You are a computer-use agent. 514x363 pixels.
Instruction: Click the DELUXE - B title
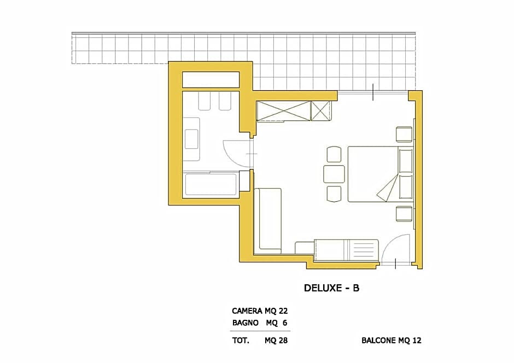(331, 288)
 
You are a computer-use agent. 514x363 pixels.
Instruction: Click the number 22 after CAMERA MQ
(283, 311)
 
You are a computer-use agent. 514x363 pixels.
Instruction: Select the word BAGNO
(245, 323)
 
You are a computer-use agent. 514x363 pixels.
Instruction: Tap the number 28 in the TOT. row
(283, 341)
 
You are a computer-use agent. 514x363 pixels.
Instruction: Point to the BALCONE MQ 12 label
(391, 341)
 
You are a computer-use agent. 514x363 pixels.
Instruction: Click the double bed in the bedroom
(380, 174)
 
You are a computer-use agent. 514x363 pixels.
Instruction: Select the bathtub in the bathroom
(211, 184)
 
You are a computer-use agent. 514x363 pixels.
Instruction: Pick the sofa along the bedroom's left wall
(268, 221)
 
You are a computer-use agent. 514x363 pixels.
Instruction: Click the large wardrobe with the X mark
(284, 111)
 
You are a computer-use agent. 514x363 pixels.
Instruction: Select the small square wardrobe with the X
(320, 111)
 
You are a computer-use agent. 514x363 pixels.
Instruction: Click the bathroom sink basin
(191, 139)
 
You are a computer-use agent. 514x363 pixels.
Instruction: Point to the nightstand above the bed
(404, 134)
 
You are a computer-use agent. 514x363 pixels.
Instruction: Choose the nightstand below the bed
(404, 214)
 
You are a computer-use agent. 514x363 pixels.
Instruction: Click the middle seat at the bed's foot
(334, 174)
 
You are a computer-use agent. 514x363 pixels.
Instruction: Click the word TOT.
(241, 341)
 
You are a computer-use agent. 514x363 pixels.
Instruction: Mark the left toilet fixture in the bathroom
(205, 101)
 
